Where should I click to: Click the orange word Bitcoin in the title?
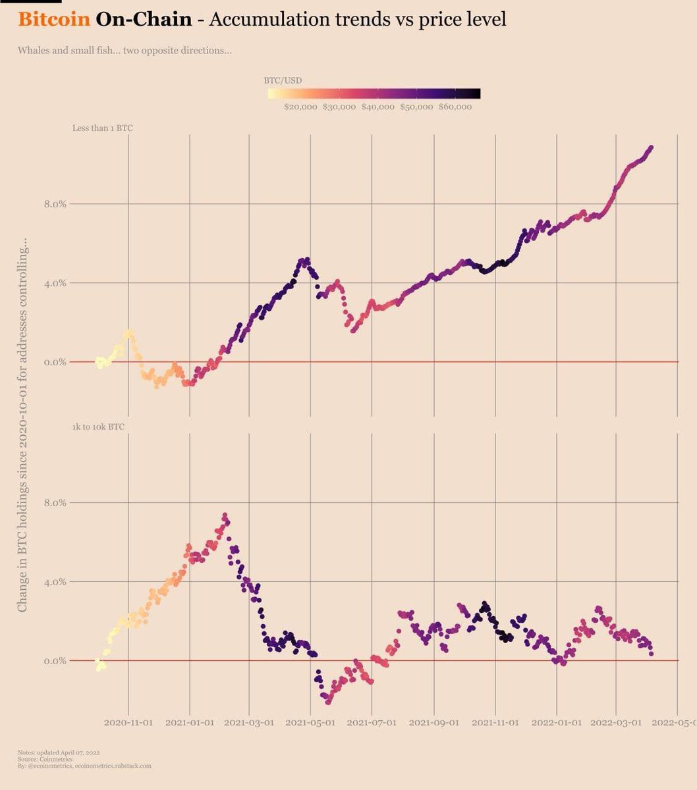(54, 19)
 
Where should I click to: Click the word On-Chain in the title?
(144, 19)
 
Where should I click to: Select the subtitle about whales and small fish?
(125, 50)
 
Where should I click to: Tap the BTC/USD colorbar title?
(283, 80)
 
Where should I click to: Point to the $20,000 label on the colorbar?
(301, 107)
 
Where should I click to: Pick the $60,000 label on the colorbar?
(455, 107)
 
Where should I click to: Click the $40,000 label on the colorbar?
(378, 107)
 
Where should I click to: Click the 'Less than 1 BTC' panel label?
(102, 128)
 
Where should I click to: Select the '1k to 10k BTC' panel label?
(98, 427)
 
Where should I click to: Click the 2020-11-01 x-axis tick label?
(128, 722)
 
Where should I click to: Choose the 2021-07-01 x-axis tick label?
(372, 722)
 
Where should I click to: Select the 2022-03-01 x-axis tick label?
(617, 722)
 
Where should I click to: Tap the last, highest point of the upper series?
(651, 147)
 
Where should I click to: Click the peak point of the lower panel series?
(225, 515)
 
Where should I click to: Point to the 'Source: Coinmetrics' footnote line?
(45, 759)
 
